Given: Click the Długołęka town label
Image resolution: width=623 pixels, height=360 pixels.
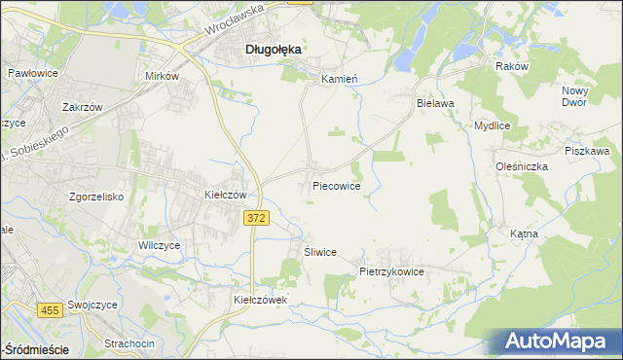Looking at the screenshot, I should point(273,48).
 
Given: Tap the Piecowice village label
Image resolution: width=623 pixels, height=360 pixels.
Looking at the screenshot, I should point(337,185).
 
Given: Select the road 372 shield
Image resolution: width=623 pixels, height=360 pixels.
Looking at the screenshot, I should point(256,220).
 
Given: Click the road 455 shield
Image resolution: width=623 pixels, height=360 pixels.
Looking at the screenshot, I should point(50,309).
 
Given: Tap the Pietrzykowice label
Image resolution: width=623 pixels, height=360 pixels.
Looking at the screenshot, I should point(391,272).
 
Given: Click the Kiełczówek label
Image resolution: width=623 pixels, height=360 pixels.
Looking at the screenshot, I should point(261,301).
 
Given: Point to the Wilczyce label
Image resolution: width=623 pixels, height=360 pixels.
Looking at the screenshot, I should point(161,246).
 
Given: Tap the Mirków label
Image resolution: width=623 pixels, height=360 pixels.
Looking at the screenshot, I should point(163,75).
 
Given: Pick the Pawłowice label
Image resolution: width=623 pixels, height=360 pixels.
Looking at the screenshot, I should point(33,73).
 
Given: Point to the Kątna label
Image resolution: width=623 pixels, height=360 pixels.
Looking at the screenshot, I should point(551,234).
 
